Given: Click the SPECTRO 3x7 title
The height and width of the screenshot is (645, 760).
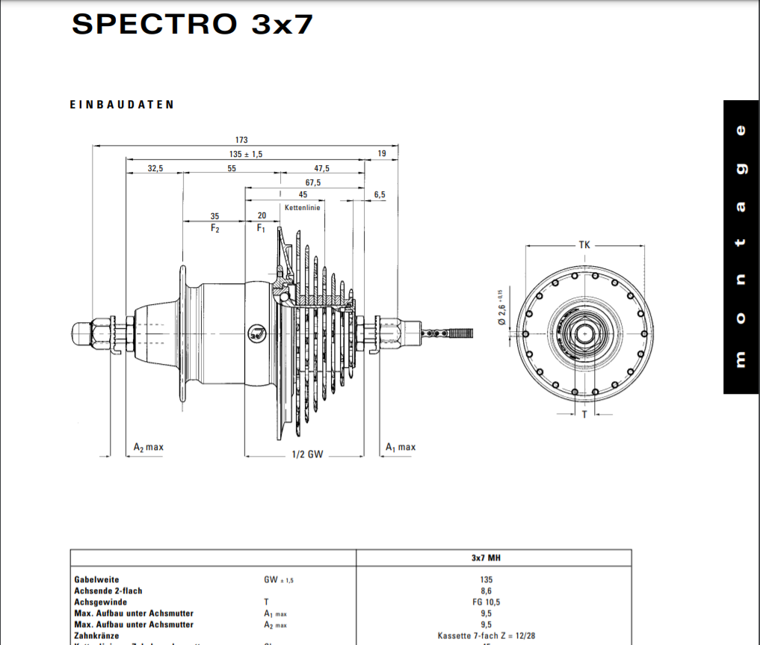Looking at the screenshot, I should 192,24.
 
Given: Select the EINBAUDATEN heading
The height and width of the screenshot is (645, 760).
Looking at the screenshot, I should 122,105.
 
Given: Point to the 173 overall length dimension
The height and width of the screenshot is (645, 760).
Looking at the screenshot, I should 241,140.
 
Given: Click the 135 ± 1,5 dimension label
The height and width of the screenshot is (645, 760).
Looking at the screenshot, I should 246,154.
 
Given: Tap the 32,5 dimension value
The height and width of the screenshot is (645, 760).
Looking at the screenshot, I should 155,168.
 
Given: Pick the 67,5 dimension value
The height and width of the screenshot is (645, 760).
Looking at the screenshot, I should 313,182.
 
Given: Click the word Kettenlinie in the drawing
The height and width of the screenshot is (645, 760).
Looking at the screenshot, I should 303,208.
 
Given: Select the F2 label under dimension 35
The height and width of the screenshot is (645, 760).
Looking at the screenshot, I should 214,228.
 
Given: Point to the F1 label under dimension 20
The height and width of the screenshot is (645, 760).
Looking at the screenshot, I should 262,228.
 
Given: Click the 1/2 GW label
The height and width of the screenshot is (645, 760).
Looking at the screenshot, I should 307,454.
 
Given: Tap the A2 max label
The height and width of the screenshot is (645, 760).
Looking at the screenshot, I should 148,447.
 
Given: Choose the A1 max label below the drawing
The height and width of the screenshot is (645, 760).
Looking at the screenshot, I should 401,447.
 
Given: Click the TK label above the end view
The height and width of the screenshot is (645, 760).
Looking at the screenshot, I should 584,244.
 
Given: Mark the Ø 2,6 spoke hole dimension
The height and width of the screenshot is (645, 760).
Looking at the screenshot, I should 502,306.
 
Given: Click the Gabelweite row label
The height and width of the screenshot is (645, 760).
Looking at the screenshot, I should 96,579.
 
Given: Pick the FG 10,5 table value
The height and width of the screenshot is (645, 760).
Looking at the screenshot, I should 486,602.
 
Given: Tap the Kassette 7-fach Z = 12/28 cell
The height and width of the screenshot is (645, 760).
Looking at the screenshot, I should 486,635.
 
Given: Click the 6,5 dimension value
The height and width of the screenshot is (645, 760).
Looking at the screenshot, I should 380,194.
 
